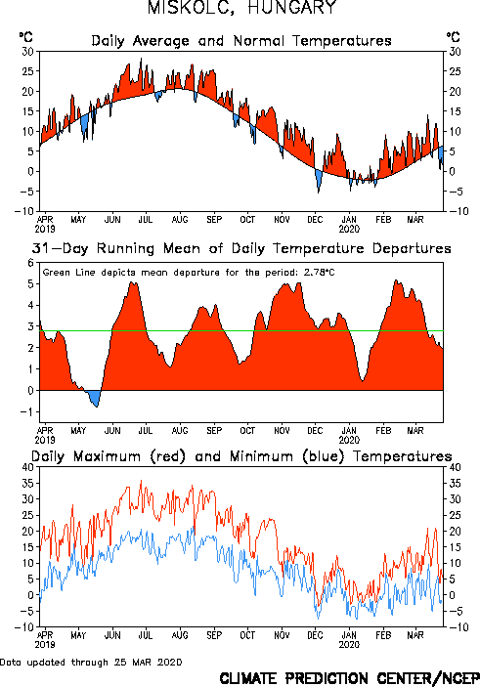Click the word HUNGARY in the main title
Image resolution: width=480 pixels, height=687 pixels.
[292, 7]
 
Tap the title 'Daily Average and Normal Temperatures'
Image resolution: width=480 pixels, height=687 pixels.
[241, 41]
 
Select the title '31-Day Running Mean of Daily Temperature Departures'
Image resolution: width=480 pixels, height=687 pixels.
[241, 248]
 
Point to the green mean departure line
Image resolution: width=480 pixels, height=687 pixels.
[241, 330]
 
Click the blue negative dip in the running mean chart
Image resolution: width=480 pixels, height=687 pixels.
[94, 398]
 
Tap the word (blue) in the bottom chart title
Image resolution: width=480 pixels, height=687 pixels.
[324, 456]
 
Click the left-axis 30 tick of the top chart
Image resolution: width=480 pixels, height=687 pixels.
[27, 52]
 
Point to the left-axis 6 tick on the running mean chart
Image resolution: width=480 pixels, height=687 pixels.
[30, 263]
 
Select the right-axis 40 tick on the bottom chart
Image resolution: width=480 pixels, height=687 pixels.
[455, 467]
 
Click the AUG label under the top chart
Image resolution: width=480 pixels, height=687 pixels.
[180, 220]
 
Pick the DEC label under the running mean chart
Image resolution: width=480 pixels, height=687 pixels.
[315, 431]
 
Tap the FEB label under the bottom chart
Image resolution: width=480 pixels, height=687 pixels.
[383, 635]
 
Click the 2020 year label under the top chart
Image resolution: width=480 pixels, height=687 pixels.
[349, 229]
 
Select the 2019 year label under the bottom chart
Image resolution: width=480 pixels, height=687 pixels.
[45, 645]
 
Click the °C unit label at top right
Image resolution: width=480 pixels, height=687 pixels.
[454, 37]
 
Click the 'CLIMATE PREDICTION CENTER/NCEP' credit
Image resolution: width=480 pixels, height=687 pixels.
[349, 678]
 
